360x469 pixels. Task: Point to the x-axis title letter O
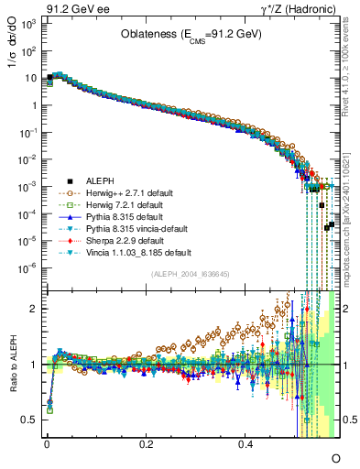coord(335,455)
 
